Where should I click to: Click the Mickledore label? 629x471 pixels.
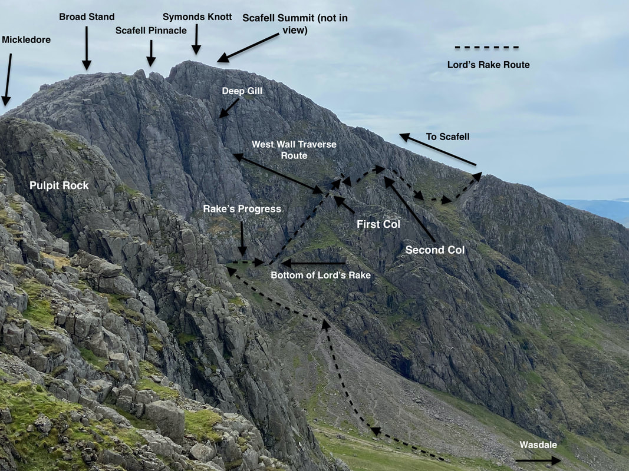click(26, 39)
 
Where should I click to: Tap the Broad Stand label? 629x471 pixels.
click(87, 17)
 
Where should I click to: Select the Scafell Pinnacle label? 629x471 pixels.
click(151, 31)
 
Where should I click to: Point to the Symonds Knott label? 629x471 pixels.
click(197, 17)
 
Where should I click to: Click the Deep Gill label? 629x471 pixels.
click(242, 91)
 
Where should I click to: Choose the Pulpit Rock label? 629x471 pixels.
click(59, 185)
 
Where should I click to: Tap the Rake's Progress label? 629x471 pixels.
click(242, 209)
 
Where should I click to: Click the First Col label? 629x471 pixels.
click(378, 224)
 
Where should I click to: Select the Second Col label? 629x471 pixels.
click(435, 250)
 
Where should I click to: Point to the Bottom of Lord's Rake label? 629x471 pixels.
click(321, 275)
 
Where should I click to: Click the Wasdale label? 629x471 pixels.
click(538, 445)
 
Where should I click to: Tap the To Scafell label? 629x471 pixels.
click(447, 137)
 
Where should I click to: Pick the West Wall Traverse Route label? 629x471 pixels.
click(294, 150)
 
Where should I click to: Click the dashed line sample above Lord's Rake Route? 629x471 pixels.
click(486, 47)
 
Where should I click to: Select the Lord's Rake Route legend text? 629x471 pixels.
click(488, 65)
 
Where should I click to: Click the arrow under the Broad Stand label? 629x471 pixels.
click(87, 48)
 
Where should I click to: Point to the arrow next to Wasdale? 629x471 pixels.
click(538, 460)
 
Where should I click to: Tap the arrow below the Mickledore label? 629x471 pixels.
click(7, 79)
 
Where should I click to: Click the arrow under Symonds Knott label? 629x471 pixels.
click(196, 39)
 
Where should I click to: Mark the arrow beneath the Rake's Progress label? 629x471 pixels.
click(242, 238)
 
